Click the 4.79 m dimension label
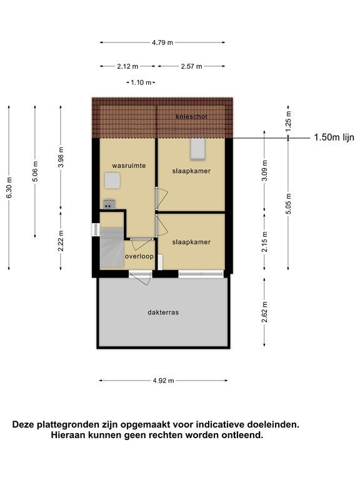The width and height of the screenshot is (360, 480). click(x=162, y=42)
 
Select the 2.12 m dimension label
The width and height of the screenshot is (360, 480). click(x=127, y=66)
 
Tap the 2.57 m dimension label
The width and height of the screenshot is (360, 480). click(x=191, y=66)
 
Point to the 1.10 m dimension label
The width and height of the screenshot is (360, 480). click(x=141, y=82)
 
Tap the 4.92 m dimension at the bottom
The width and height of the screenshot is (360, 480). click(x=162, y=380)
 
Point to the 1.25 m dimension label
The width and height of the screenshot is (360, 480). click(x=288, y=119)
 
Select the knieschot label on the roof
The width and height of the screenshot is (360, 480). click(x=191, y=117)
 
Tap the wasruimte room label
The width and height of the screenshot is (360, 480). click(x=129, y=166)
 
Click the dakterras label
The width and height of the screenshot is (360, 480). click(x=163, y=312)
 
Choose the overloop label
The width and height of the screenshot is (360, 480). click(x=139, y=256)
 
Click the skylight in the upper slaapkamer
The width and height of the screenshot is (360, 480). click(x=197, y=149)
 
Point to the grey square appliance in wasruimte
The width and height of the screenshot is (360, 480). click(x=112, y=181)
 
